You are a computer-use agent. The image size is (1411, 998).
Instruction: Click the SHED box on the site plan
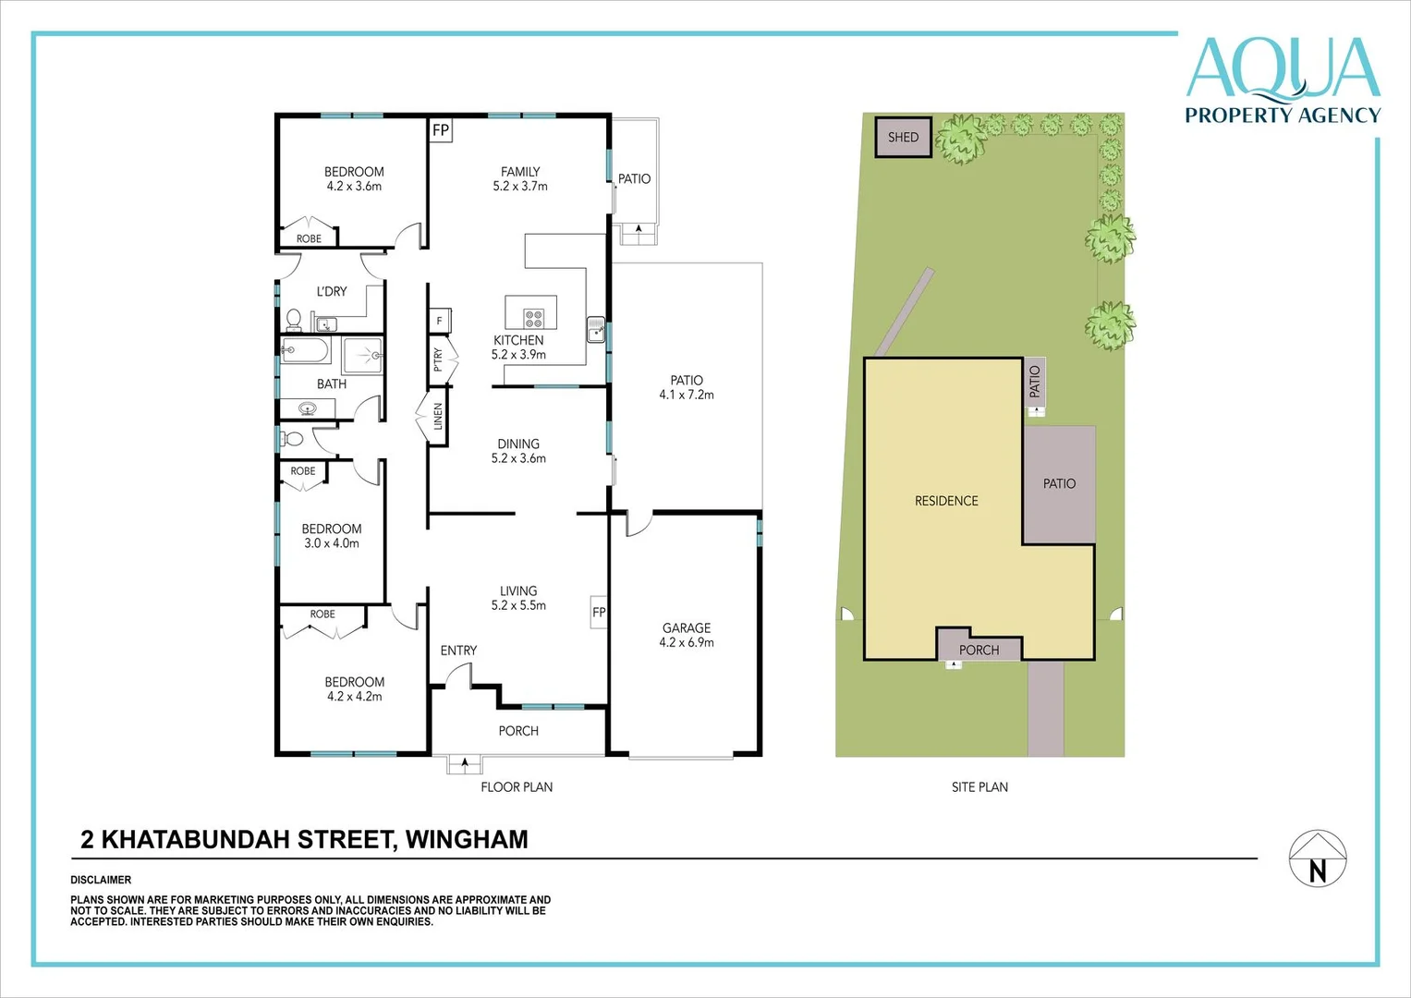[904, 137]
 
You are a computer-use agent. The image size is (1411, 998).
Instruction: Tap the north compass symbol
[1318, 858]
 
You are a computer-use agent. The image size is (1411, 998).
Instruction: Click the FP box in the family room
[441, 130]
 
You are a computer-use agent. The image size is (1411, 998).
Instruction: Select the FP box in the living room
[599, 612]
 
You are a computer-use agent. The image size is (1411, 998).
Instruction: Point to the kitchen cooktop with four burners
[533, 318]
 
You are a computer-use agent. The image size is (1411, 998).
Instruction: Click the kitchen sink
[596, 330]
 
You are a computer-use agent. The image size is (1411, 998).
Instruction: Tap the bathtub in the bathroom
[305, 349]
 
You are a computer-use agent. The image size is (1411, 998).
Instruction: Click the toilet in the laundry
[294, 319]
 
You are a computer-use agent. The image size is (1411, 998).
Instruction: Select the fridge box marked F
[440, 321]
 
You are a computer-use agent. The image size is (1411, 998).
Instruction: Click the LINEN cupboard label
[438, 417]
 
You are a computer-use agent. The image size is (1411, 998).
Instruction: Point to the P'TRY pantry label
[438, 359]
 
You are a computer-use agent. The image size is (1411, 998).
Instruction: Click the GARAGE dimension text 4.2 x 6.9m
[687, 642]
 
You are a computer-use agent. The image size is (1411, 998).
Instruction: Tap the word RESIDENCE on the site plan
[946, 501]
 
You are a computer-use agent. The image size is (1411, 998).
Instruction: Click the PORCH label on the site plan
[979, 651]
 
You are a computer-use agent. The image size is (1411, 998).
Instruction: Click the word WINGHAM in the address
[467, 839]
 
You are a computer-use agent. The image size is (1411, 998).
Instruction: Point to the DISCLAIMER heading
[101, 880]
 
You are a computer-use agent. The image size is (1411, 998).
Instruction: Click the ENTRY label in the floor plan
[458, 651]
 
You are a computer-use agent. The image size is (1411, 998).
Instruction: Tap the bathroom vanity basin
[308, 408]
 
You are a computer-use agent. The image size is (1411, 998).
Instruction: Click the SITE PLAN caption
[979, 787]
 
